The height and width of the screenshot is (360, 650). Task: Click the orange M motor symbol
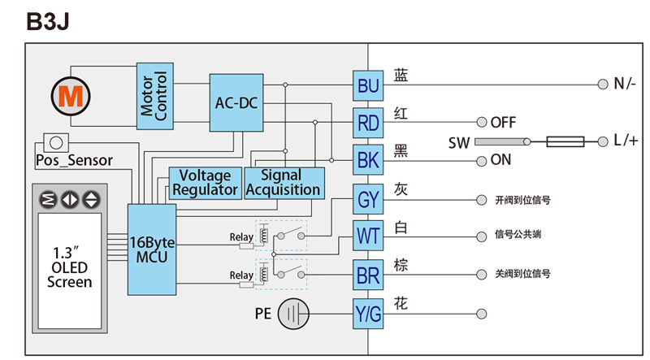pyautogui.click(x=71, y=96)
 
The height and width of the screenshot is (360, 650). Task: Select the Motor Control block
pyautogui.click(x=155, y=96)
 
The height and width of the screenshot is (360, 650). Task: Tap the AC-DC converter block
pyautogui.click(x=236, y=103)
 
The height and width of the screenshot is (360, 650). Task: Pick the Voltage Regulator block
pyautogui.click(x=206, y=183)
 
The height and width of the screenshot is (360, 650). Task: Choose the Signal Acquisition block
pyautogui.click(x=284, y=183)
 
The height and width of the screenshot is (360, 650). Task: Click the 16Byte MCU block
pyautogui.click(x=152, y=249)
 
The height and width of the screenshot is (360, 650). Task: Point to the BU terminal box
pyautogui.click(x=368, y=85)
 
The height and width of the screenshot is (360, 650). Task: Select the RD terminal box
pyautogui.click(x=368, y=123)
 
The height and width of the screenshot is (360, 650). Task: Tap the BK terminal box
pyautogui.click(x=368, y=159)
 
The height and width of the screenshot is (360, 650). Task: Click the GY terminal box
pyautogui.click(x=368, y=199)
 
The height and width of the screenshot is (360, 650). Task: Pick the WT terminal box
pyautogui.click(x=368, y=236)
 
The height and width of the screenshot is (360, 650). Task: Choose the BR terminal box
pyautogui.click(x=368, y=275)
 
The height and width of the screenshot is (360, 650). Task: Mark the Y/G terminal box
pyautogui.click(x=368, y=314)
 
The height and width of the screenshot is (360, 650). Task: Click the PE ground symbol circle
pyautogui.click(x=293, y=314)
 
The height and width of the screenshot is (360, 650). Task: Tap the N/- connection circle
pyautogui.click(x=603, y=85)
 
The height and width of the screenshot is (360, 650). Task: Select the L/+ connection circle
pyautogui.click(x=603, y=142)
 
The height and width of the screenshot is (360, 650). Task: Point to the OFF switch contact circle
pyautogui.click(x=481, y=122)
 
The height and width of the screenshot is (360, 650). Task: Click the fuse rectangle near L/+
pyautogui.click(x=565, y=142)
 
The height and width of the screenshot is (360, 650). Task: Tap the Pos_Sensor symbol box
pyautogui.click(x=56, y=143)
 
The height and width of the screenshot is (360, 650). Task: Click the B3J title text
pyautogui.click(x=48, y=21)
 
